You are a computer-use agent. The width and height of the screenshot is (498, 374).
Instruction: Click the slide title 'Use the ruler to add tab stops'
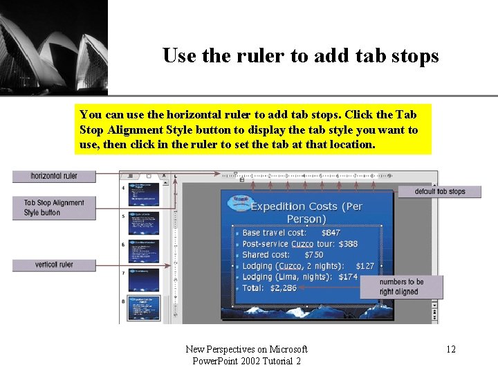pos(300,55)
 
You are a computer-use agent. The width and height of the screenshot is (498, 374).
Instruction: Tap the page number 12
pos(451,349)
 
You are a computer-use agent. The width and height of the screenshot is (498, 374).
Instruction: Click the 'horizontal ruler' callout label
pos(54,176)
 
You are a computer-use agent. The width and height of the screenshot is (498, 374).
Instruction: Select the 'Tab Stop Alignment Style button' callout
pos(54,208)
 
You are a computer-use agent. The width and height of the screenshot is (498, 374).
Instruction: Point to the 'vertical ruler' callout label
pos(54,265)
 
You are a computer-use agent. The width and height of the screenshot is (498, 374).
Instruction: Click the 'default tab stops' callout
pos(440,192)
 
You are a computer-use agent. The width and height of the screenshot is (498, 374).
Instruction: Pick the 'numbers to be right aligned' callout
pos(401,287)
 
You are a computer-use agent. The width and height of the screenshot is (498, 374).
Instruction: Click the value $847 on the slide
pos(331,233)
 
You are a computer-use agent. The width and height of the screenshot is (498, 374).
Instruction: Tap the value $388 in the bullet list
pos(349,244)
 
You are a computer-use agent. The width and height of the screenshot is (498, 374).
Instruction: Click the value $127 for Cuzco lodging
pos(365,266)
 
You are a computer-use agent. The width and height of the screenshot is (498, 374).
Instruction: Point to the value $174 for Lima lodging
pos(349,277)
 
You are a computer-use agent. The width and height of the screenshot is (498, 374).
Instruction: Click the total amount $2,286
pos(284,287)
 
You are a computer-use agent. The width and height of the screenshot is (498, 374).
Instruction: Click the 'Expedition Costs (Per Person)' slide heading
pos(306,212)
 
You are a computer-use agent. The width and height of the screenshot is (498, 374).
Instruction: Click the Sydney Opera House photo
pos(54,47)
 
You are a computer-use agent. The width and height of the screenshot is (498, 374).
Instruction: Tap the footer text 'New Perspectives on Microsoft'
pos(247,349)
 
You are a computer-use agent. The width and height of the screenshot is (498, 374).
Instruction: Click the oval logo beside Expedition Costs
pos(241,202)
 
